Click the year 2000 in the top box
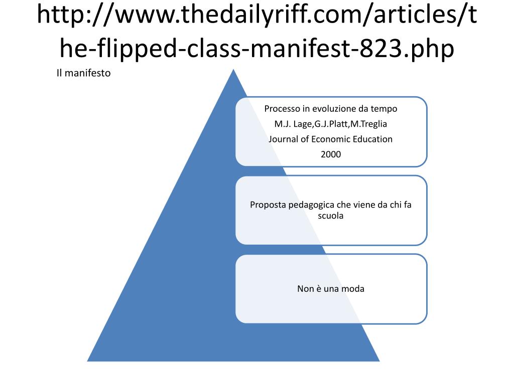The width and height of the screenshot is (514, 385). pyautogui.click(x=331, y=154)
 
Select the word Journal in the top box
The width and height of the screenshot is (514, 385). pyautogui.click(x=283, y=139)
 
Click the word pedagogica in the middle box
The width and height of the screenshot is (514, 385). pyautogui.click(x=310, y=205)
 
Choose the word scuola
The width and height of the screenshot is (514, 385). pyautogui.click(x=331, y=216)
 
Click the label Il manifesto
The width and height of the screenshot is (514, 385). pyautogui.click(x=83, y=74)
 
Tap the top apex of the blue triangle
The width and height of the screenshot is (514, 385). pyautogui.click(x=233, y=71)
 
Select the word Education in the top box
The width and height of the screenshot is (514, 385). pyautogui.click(x=372, y=139)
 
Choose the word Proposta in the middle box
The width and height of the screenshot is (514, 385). pyautogui.click(x=268, y=205)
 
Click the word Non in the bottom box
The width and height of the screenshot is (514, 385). pyautogui.click(x=306, y=289)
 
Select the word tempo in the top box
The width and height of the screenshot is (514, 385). pyautogui.click(x=384, y=109)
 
